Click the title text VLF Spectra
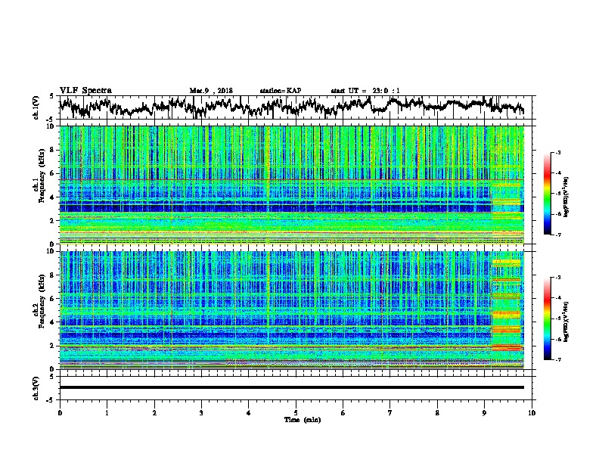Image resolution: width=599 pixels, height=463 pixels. click(x=85, y=90)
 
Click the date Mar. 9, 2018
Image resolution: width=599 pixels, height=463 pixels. click(x=211, y=91)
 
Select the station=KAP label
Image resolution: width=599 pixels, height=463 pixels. click(x=280, y=91)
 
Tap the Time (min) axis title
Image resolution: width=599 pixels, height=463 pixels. click(x=296, y=419)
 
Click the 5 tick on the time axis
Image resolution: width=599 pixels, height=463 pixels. click(x=296, y=412)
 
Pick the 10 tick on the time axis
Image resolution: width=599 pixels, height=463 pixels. click(x=532, y=412)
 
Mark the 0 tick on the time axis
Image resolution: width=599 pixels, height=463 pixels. click(x=60, y=412)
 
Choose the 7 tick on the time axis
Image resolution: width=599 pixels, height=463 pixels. click(x=390, y=412)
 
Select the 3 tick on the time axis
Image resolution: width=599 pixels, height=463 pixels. click(x=201, y=412)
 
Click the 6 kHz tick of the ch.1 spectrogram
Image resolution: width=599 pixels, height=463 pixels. click(x=51, y=173)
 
